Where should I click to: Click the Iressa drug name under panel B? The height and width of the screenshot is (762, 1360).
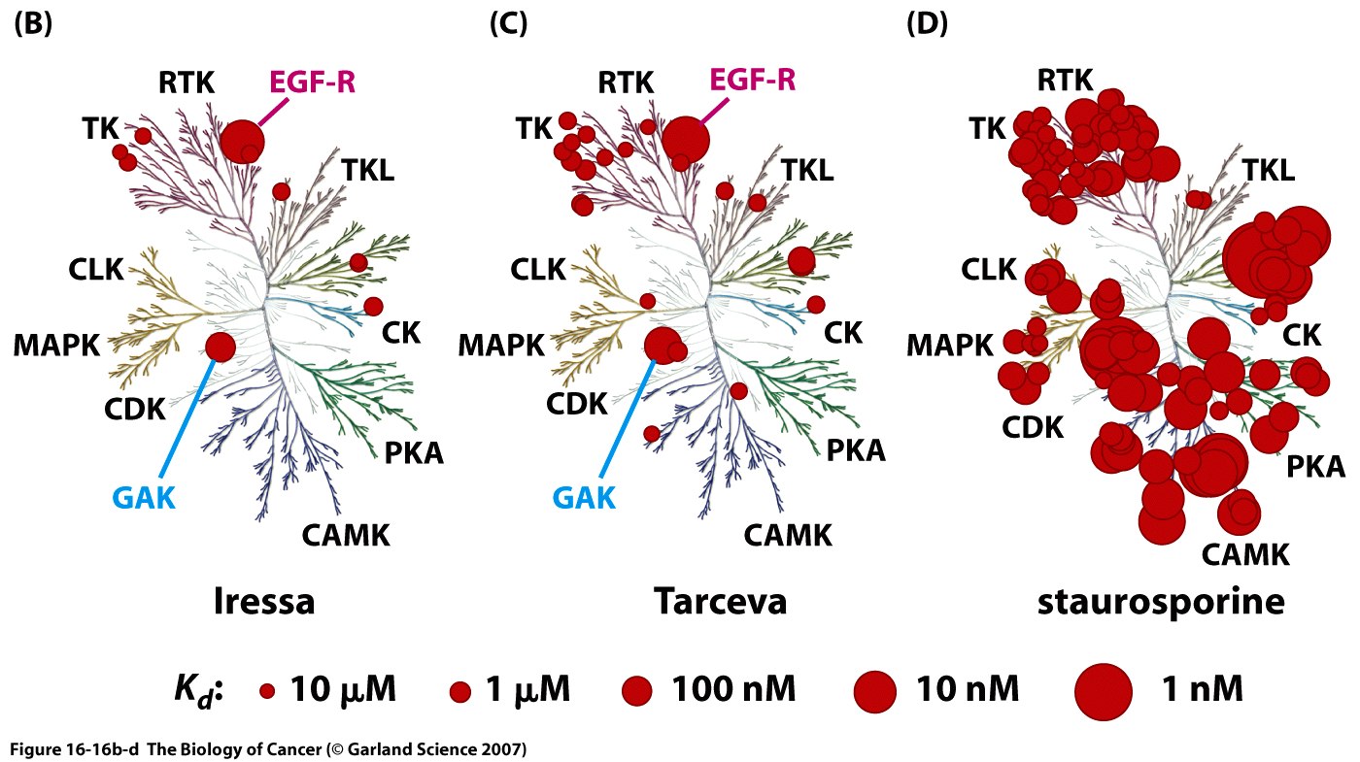point(264,602)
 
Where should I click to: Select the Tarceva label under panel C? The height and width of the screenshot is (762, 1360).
point(720,602)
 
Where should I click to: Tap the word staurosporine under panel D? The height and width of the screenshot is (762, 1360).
point(1161,602)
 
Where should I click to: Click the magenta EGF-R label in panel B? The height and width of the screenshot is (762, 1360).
point(312,82)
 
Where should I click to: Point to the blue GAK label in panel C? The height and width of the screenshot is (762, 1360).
point(584,498)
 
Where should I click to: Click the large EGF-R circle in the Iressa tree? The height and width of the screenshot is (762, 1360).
point(240,141)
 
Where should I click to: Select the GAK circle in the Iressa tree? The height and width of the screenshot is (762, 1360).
point(221,346)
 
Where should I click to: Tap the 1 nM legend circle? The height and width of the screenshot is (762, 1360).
point(1104,691)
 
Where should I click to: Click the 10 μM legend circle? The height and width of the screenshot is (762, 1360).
point(267,691)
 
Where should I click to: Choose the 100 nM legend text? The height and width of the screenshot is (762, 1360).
point(733,690)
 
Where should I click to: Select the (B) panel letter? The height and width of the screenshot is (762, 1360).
point(32,24)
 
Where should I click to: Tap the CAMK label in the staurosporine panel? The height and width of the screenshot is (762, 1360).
point(1244,555)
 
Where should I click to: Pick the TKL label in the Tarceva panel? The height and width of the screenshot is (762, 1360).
point(807,171)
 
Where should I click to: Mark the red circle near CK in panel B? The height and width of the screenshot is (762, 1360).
point(373,306)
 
